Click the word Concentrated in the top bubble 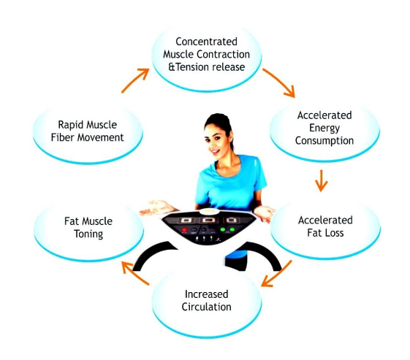206,42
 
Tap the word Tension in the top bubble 192,67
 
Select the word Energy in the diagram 324,129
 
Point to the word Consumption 324,141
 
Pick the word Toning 88,234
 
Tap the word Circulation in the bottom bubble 206,307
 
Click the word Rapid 69,125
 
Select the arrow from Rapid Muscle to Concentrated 134,80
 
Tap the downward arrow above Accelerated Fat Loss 321,180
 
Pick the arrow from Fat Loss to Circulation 277,273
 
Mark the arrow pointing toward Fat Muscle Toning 135,273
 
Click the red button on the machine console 184,230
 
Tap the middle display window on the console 208,221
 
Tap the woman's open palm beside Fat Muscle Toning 157,207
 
